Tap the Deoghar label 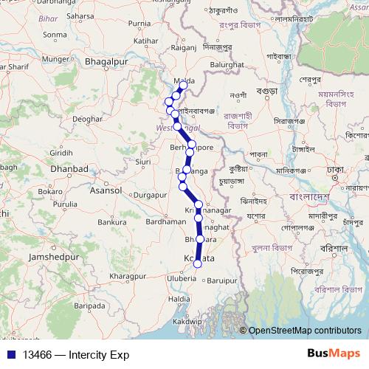pyautogui.click(x=87, y=118)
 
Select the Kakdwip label pyautogui.click(x=187, y=323)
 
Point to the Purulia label pyautogui.click(x=65, y=204)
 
